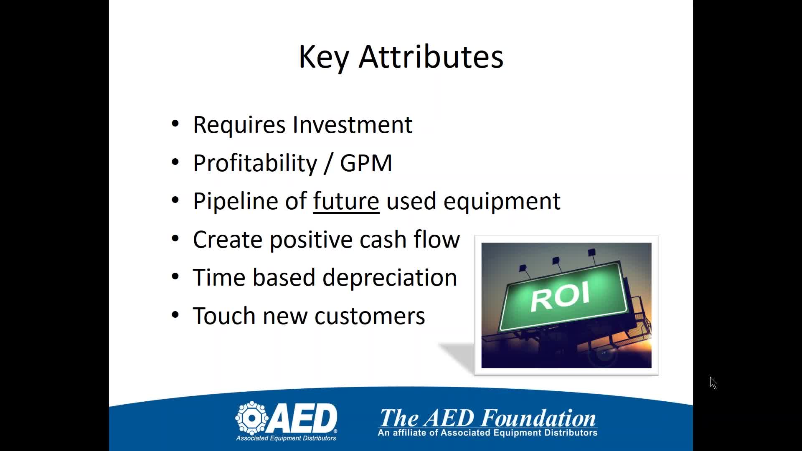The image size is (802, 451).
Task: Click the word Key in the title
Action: (324, 57)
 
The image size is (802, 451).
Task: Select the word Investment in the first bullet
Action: (353, 124)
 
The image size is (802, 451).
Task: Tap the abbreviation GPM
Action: (366, 163)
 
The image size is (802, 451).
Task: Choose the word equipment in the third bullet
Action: (502, 202)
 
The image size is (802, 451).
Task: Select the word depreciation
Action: (390, 278)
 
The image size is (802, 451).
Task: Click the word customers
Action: (370, 317)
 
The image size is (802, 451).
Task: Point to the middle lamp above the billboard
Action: (556, 261)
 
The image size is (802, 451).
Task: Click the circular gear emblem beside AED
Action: (252, 418)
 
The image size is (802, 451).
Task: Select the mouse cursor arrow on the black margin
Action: (713, 383)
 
